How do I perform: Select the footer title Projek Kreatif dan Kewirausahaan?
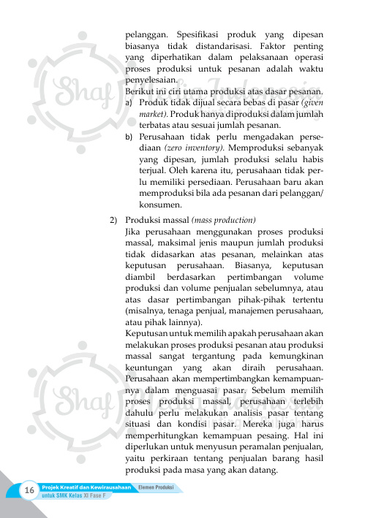click(x=86, y=486)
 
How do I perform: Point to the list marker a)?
click(x=129, y=103)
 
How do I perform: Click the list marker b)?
click(x=129, y=137)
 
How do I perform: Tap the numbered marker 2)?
click(x=114, y=220)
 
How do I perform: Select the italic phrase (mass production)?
click(x=223, y=220)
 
